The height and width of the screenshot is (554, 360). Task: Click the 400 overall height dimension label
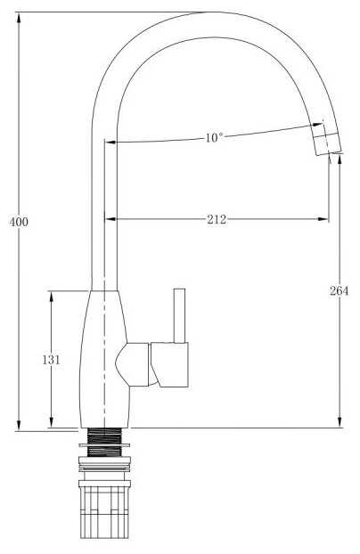(x=19, y=223)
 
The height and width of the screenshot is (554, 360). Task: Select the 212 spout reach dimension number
(x=217, y=219)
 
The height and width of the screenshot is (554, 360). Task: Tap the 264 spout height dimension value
(x=340, y=290)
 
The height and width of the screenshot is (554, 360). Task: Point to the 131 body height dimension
(x=52, y=360)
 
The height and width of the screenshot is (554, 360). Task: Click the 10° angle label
(x=214, y=137)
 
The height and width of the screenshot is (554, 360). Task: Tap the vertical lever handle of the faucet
(x=179, y=316)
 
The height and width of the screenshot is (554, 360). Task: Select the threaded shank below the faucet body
(x=104, y=442)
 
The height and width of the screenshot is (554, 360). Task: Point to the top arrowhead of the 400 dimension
(x=19, y=18)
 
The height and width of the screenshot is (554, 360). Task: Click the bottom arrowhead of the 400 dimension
(x=19, y=425)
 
